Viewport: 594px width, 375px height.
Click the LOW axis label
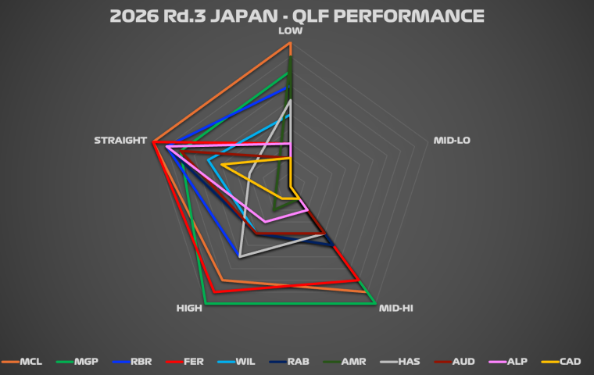tap(290, 32)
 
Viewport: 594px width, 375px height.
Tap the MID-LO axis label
tap(452, 141)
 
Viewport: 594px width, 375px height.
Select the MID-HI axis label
tap(395, 309)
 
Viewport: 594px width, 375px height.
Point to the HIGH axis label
tap(190, 309)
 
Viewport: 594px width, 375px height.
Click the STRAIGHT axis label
tap(120, 141)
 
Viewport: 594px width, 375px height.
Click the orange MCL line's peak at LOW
tap(290, 44)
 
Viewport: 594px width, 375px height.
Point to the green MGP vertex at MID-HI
tap(376, 303)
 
